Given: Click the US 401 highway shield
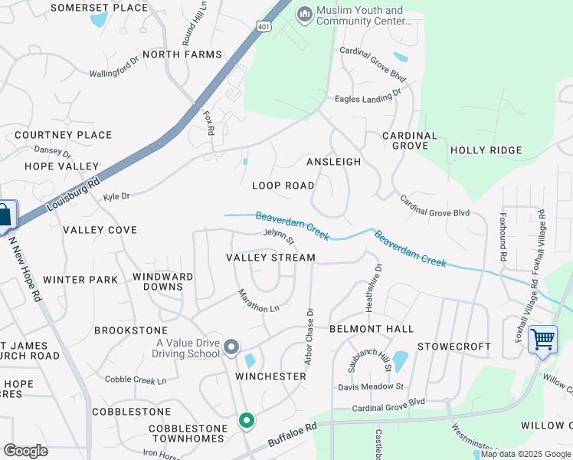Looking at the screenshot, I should click(x=265, y=25).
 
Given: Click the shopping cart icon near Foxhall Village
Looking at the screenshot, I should click(x=542, y=338).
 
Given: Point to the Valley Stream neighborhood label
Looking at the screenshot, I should click(x=270, y=258).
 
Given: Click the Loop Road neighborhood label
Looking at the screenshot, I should click(x=283, y=186).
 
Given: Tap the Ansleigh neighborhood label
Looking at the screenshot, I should click(x=333, y=162).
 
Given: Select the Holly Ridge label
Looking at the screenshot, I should click(x=486, y=150).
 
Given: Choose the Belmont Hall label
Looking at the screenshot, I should click(x=372, y=329).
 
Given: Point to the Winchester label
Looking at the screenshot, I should click(x=270, y=376).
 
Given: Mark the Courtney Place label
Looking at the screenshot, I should click(x=63, y=135).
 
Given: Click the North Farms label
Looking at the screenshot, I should click(x=182, y=54).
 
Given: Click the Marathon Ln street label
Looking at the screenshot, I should click(x=258, y=301).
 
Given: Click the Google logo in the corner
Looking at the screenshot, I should click(x=25, y=450).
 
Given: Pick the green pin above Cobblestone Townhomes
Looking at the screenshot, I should click(x=246, y=421).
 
